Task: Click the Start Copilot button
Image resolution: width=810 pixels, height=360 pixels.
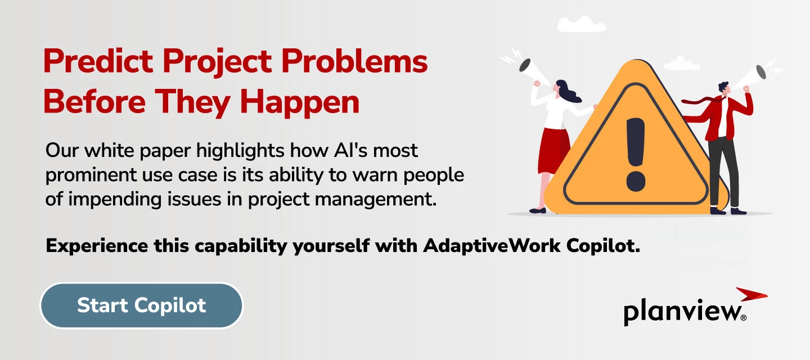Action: [x=141, y=305]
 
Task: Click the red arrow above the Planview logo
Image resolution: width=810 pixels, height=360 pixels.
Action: [x=750, y=294]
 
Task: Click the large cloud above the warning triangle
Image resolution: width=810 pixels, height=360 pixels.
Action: [x=581, y=24]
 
